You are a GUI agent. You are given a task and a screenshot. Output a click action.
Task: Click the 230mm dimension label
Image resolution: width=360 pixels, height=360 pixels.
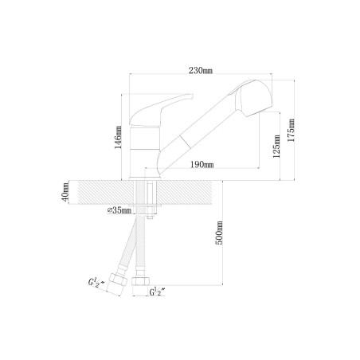click(201, 70)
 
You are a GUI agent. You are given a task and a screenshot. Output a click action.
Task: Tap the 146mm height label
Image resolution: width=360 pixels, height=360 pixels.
click(118, 137)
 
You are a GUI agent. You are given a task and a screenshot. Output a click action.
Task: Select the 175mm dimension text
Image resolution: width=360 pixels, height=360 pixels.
click(291, 130)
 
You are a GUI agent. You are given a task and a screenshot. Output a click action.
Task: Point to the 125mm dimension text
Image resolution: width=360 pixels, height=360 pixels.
click(276, 147)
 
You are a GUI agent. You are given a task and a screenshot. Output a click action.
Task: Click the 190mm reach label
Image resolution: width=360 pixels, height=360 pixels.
click(202, 164)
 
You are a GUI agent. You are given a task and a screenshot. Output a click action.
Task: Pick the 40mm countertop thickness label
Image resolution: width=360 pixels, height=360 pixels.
click(65, 192)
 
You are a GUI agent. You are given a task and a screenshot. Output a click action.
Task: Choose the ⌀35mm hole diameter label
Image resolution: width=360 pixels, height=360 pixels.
click(119, 210)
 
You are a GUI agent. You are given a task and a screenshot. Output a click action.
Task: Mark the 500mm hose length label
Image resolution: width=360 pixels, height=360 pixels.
click(219, 233)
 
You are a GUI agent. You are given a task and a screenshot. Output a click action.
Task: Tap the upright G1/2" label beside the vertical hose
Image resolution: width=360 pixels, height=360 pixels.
click(157, 292)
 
